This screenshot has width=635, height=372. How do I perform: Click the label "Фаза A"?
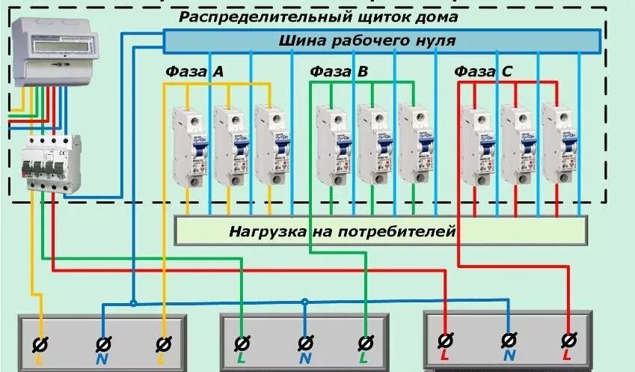[x=195, y=72]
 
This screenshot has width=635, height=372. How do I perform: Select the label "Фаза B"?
[x=339, y=72]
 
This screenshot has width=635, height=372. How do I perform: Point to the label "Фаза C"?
[x=483, y=72]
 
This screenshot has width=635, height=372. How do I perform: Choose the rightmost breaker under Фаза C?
[x=559, y=144]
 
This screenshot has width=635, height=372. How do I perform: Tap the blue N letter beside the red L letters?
[x=509, y=357]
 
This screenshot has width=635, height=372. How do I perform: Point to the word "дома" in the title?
[x=435, y=16]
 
